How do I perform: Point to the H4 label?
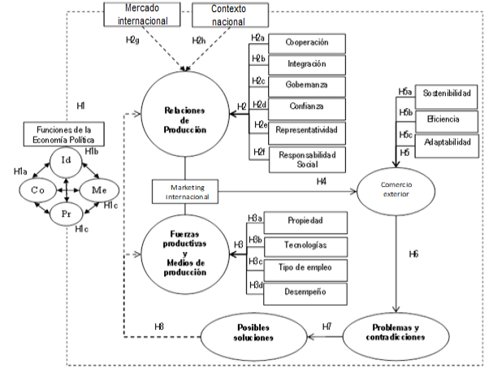321,181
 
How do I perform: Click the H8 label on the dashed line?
159,326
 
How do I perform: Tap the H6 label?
413,254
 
